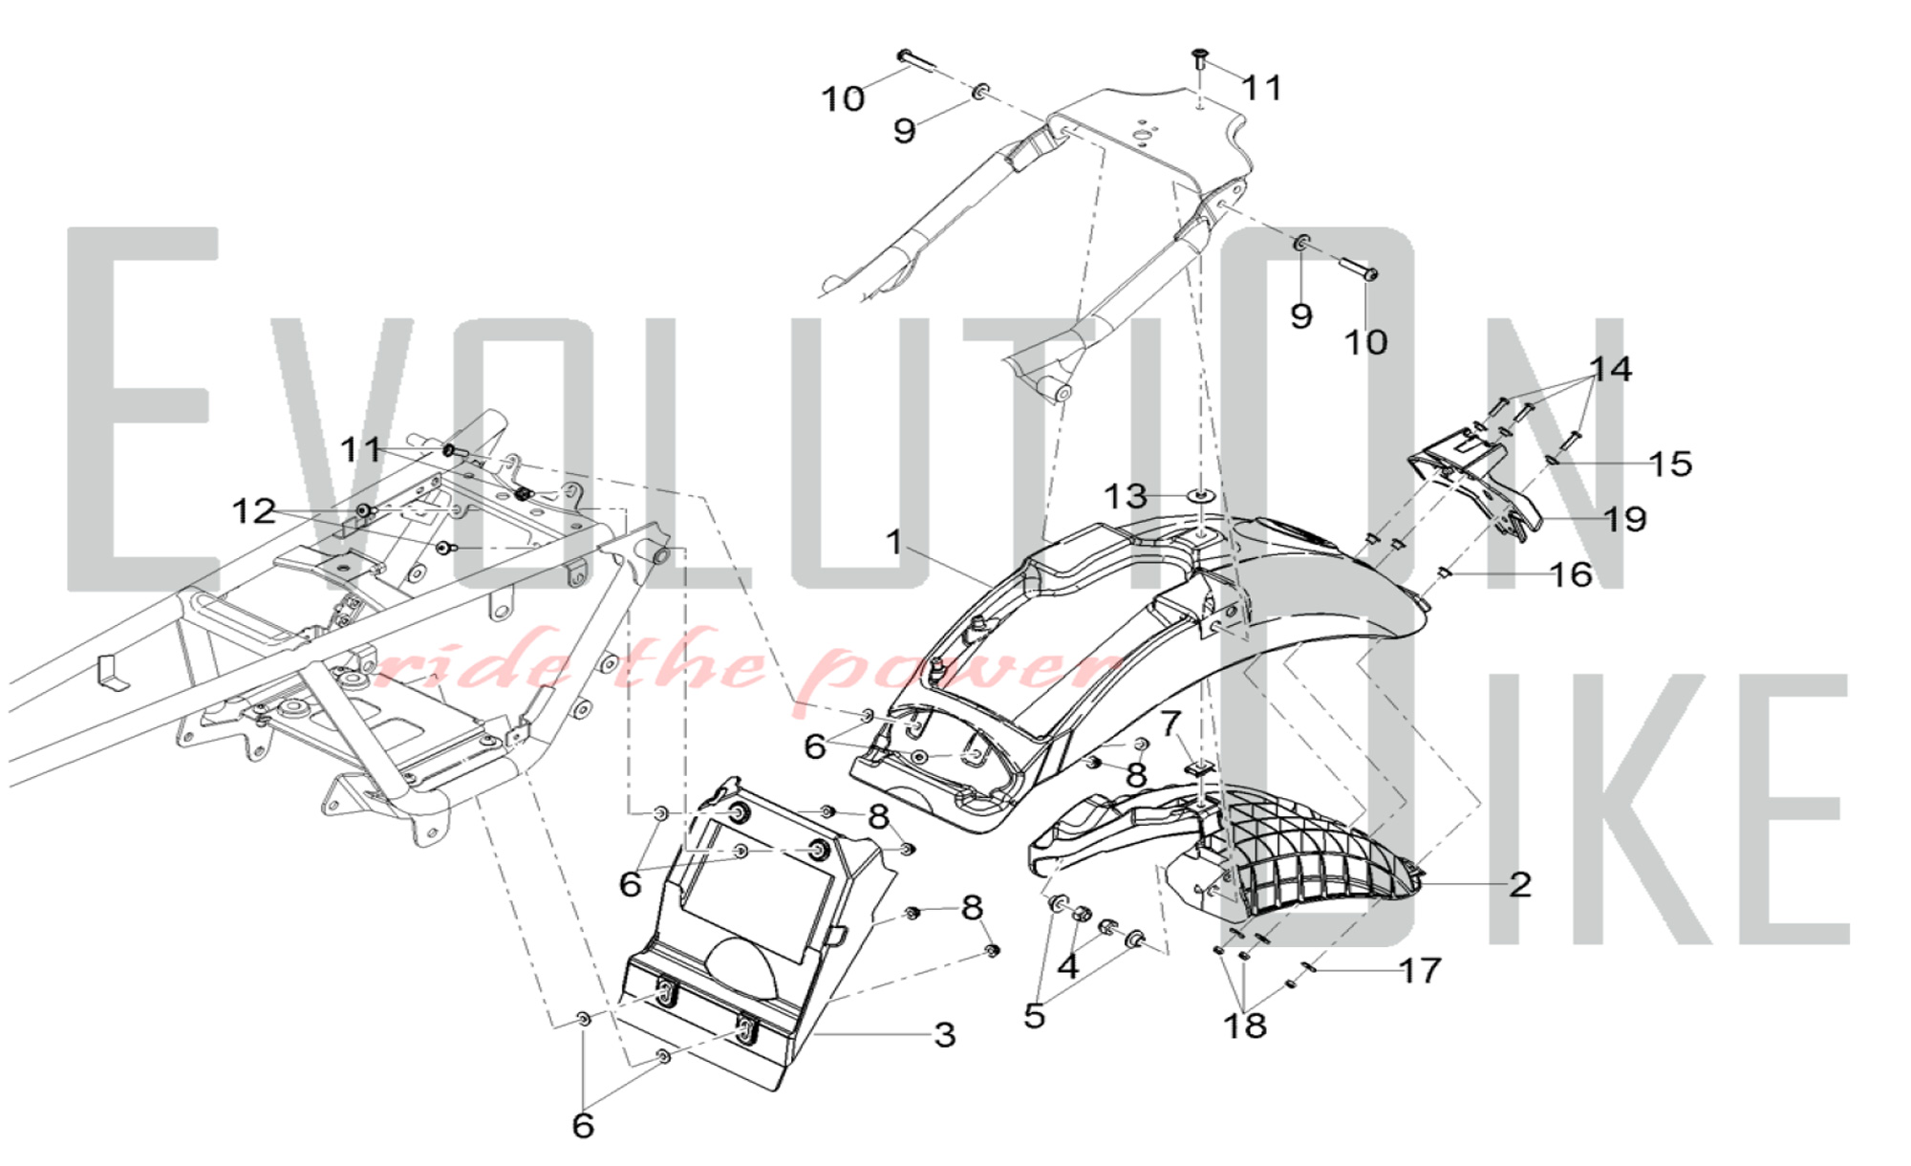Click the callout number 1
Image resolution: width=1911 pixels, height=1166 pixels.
[x=893, y=542]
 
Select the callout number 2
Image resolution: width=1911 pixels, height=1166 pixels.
[x=1520, y=884]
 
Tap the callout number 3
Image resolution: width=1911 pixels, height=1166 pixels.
[x=944, y=1034]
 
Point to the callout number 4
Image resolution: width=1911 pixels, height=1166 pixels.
[x=1068, y=966]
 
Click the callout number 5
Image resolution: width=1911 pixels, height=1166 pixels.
[x=1034, y=1016]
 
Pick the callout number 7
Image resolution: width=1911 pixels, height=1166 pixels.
[x=1171, y=723]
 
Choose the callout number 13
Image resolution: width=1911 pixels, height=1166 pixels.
[x=1126, y=496]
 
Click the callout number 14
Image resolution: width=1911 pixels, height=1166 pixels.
[x=1611, y=369]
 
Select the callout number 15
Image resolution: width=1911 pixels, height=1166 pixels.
[x=1670, y=464]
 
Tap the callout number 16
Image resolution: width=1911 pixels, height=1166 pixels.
[x=1571, y=574]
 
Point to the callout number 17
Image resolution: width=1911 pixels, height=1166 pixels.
[x=1420, y=971]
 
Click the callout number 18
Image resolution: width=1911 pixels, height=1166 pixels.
[x=1245, y=1026]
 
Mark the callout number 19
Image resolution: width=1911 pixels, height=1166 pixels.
[x=1625, y=519]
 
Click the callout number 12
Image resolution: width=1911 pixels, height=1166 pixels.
[x=254, y=511]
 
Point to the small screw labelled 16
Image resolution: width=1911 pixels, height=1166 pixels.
[x=1444, y=573]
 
